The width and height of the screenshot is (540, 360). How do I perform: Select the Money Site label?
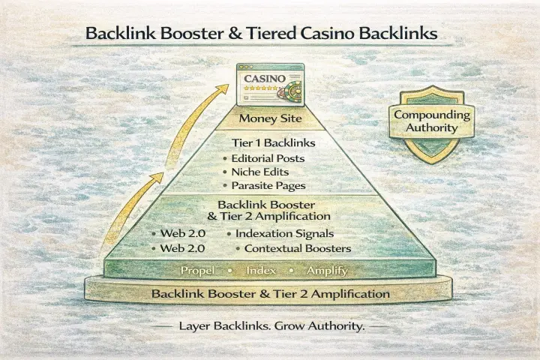pyautogui.click(x=270, y=119)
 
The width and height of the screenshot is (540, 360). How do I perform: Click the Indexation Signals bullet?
pyautogui.click(x=284, y=234)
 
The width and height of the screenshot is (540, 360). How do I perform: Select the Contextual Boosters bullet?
pyautogui.click(x=293, y=248)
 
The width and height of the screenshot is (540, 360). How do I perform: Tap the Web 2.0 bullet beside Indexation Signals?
pyautogui.click(x=180, y=234)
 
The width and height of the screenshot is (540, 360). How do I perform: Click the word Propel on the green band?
pyautogui.click(x=196, y=270)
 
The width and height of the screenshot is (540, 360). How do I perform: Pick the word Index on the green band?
pyautogui.click(x=265, y=270)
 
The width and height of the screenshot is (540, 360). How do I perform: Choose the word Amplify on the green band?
pyautogui.click(x=328, y=270)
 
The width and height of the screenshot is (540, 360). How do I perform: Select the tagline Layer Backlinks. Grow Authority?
pyautogui.click(x=269, y=327)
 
